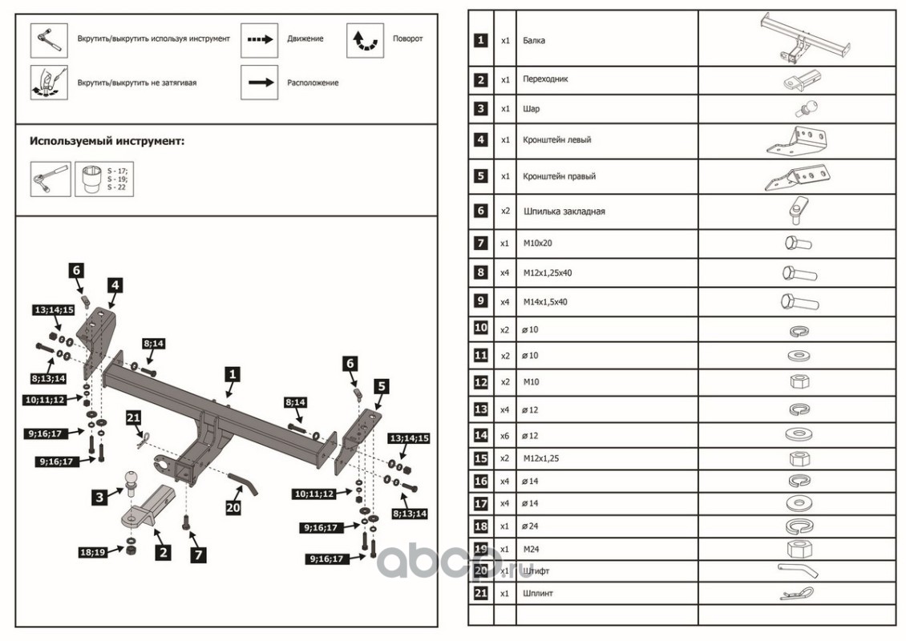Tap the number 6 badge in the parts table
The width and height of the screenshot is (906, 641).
pos(480,212)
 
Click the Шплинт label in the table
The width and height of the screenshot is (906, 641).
pos(536,594)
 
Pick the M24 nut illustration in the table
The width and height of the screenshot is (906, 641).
pos(799,549)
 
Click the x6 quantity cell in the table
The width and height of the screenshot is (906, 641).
pos(504,435)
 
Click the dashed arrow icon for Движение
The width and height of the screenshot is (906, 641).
pos(259,39)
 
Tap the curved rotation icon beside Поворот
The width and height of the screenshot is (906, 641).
pos(365,40)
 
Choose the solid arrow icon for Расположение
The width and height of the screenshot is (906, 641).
pos(259,83)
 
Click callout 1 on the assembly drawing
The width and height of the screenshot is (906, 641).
pos(231,373)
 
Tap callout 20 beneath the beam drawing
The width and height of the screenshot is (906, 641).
pos(233,506)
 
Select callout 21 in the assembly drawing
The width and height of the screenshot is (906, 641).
pos(134,417)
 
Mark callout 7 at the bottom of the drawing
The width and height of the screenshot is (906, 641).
pos(196,553)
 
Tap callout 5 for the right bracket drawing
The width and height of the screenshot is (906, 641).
pos(382,386)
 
